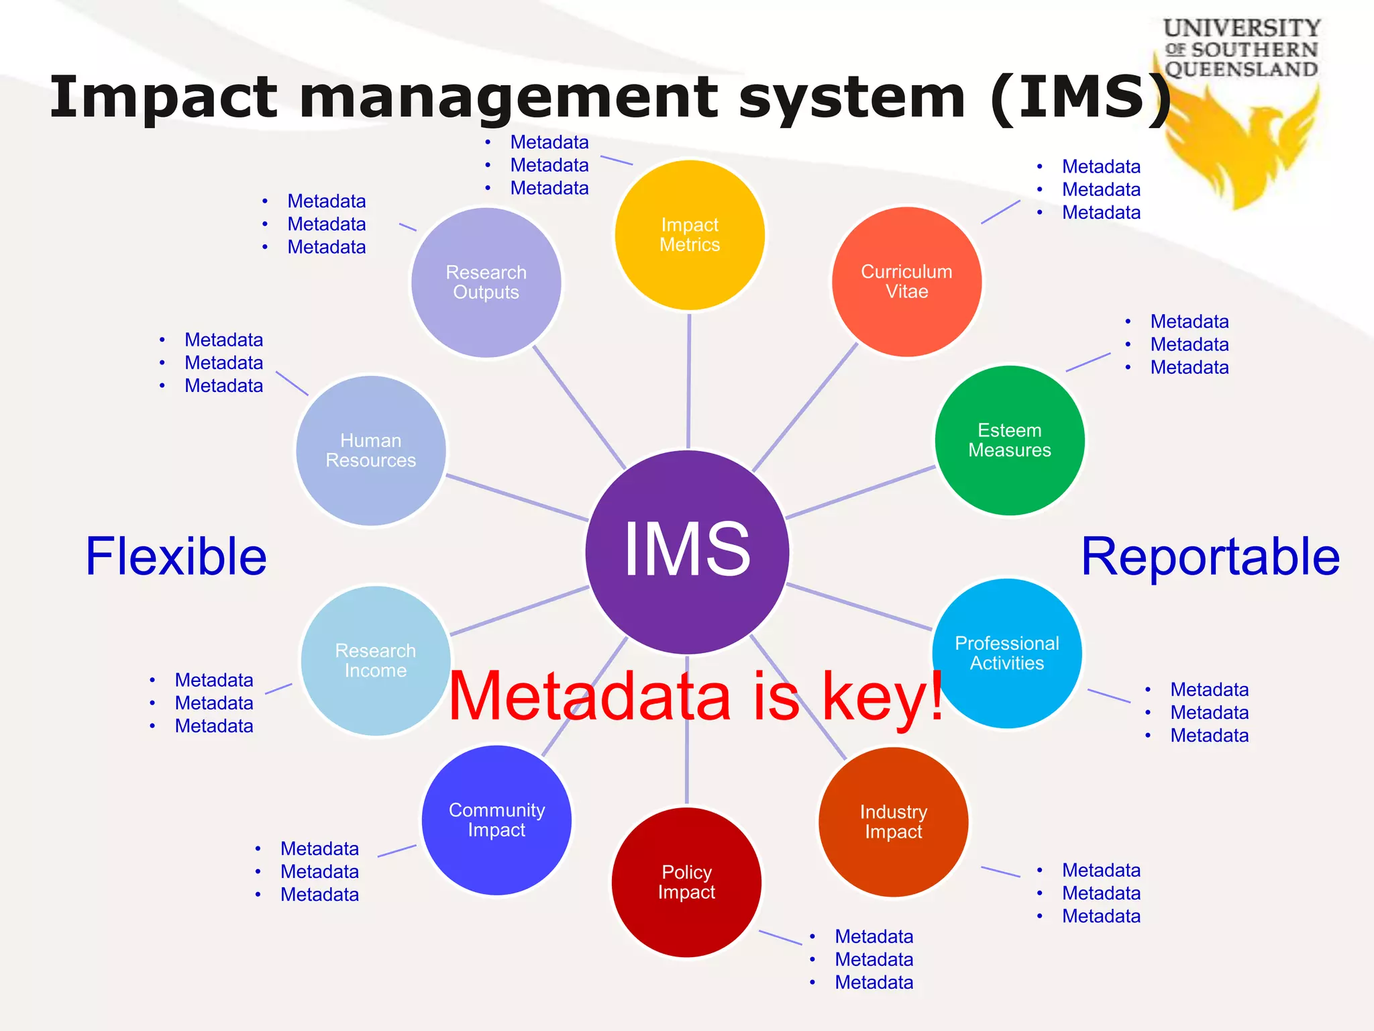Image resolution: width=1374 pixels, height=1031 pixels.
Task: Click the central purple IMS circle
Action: pyautogui.click(x=687, y=552)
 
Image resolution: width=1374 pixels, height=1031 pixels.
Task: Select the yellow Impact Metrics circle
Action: pyautogui.click(x=690, y=235)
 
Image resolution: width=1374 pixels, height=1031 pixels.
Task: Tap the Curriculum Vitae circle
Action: pyautogui.click(x=906, y=282)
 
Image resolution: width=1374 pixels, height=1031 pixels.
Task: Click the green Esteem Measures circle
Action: pyautogui.click(x=1010, y=440)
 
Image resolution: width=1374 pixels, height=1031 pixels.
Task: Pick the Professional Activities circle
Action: pyautogui.click(x=1006, y=653)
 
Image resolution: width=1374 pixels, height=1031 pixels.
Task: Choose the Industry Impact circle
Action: pyautogui.click(x=893, y=822)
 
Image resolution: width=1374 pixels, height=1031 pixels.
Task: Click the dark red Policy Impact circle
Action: pyautogui.click(x=686, y=882)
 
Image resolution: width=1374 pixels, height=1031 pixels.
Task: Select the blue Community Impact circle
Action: pyautogui.click(x=496, y=820)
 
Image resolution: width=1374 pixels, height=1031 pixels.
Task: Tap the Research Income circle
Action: pyautogui.click(x=376, y=660)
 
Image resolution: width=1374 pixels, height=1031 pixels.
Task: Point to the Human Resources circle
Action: pyautogui.click(x=371, y=450)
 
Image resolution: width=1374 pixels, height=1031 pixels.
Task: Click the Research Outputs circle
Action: pyautogui.click(x=486, y=282)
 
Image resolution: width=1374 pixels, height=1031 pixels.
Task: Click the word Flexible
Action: pyautogui.click(x=176, y=557)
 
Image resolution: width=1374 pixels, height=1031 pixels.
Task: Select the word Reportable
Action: pyautogui.click(x=1210, y=557)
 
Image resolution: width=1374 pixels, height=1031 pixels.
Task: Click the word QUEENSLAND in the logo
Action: pyautogui.click(x=1241, y=69)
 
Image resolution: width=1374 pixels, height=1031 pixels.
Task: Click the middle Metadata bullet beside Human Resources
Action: pyautogui.click(x=223, y=363)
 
